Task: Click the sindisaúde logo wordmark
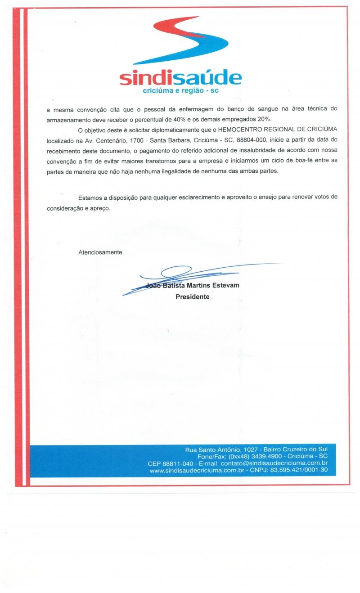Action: [x=180, y=78]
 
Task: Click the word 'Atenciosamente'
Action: [x=100, y=252]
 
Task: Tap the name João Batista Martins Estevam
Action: [x=192, y=286]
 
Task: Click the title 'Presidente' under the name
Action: [x=192, y=297]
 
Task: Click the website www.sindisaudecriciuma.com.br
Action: [x=193, y=470]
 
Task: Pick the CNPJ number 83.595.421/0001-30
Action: [x=299, y=470]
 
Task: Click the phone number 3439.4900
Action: [x=258, y=456]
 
